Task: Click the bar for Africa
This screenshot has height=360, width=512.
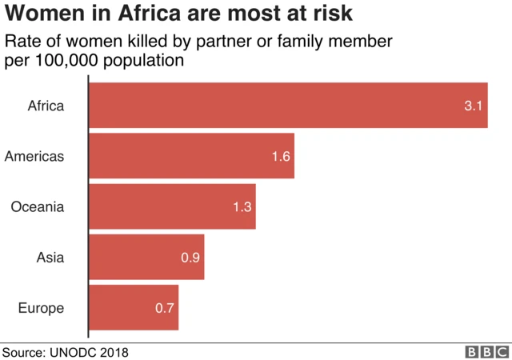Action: pos(288,106)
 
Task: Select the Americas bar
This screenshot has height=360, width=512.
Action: pos(191,156)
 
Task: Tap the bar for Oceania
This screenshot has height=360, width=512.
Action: pos(172,206)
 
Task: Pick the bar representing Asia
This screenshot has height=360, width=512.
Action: pos(146,257)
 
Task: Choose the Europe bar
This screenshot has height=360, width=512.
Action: pos(134,307)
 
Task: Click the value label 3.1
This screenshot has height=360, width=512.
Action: pos(473,106)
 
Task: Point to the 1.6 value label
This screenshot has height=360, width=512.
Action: pos(280,156)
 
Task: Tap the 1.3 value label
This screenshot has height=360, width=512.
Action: pos(242,206)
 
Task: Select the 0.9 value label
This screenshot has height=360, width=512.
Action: pos(190,257)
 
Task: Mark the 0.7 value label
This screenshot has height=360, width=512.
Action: pos(165,307)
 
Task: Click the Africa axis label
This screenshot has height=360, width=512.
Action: pos(46,106)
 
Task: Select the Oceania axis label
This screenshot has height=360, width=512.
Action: pos(38,206)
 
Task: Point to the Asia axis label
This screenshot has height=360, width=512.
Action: pos(50,257)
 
